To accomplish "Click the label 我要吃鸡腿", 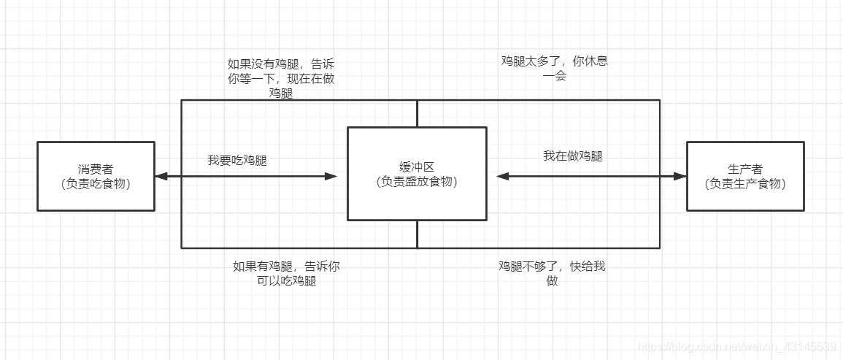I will (x=237, y=160).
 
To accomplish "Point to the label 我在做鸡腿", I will (x=573, y=156).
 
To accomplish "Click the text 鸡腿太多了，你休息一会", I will (x=555, y=68).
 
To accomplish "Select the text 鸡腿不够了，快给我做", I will (x=553, y=273).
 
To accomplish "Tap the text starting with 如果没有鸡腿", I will (x=281, y=78).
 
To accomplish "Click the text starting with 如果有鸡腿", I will (x=286, y=273).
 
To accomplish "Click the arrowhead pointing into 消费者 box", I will (x=161, y=176).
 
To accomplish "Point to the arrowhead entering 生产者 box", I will (x=680, y=176).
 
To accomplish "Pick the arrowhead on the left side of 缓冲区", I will (x=332, y=176).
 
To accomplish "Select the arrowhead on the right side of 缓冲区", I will (x=502, y=176).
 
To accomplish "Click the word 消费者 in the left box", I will (x=96, y=169).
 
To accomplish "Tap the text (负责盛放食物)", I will (x=417, y=182).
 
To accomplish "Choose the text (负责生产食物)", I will (x=745, y=183).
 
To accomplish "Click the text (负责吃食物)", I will (x=96, y=183).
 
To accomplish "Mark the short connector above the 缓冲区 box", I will (x=417, y=113).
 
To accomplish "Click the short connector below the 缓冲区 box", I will (x=417, y=234).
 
